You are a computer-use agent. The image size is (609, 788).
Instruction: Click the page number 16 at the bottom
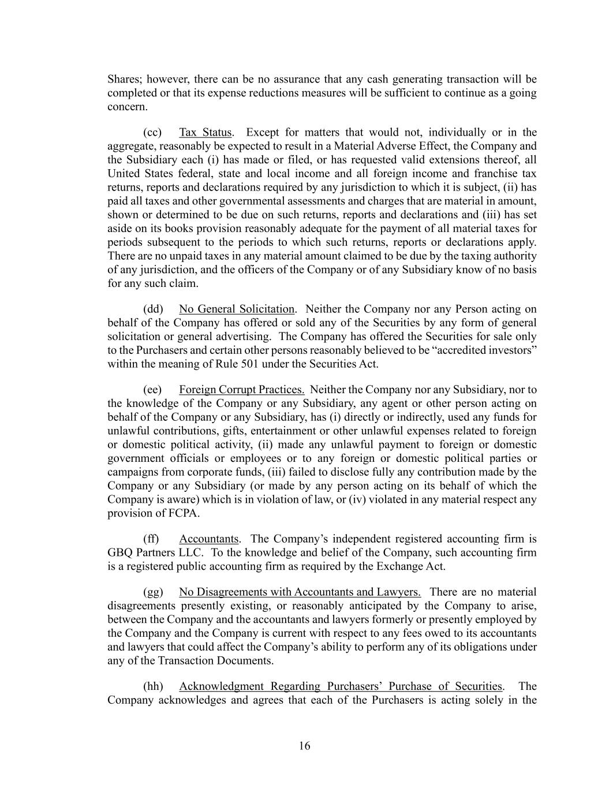pyautogui.click(x=304, y=746)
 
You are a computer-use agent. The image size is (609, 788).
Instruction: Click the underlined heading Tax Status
pyautogui.click(x=205, y=132)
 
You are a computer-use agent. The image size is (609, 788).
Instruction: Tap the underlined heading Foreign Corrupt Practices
pyautogui.click(x=241, y=390)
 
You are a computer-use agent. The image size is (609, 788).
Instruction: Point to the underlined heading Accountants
pyautogui.click(x=208, y=539)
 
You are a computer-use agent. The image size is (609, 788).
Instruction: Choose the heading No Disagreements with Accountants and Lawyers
pyautogui.click(x=300, y=592)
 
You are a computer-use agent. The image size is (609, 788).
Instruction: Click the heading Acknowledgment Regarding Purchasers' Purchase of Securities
pyautogui.click(x=341, y=686)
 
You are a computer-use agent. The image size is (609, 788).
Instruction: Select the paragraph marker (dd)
pyautogui.click(x=153, y=309)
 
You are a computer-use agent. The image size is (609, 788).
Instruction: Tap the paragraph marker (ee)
pyautogui.click(x=152, y=390)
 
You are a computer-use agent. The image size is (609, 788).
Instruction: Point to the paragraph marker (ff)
pyautogui.click(x=151, y=539)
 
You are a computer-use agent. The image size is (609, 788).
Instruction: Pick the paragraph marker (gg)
pyautogui.click(x=153, y=592)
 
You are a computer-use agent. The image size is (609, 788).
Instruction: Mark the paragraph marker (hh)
pyautogui.click(x=153, y=686)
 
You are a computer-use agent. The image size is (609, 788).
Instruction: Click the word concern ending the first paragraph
pyautogui.click(x=127, y=107)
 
